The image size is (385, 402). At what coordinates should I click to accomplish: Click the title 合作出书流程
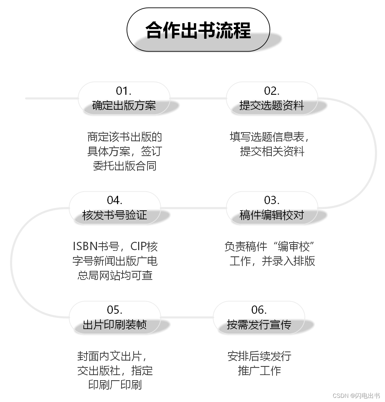(x=198, y=30)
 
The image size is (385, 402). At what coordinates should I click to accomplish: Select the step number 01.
(x=124, y=91)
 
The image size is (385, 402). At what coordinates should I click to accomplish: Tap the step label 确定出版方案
(x=124, y=106)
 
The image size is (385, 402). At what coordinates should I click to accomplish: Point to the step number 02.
(x=272, y=91)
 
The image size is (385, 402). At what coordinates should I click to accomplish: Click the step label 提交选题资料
(x=272, y=106)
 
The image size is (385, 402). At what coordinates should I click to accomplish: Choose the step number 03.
(x=272, y=200)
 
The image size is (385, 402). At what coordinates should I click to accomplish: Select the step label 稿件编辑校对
(x=272, y=215)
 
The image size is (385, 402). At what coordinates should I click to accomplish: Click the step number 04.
(x=115, y=200)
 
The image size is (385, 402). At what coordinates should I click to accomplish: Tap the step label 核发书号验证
(x=115, y=215)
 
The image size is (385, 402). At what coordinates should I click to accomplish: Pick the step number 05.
(x=115, y=310)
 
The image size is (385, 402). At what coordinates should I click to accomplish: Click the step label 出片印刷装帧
(x=115, y=325)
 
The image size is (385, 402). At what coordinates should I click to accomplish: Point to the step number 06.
(x=259, y=310)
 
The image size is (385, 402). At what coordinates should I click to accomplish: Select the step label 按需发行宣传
(x=259, y=325)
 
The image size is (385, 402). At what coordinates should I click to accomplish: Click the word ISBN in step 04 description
(x=85, y=246)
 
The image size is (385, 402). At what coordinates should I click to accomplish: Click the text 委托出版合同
(x=125, y=166)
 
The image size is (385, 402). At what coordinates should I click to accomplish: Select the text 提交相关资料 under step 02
(x=272, y=152)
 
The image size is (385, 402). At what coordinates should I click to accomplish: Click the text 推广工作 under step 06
(x=259, y=371)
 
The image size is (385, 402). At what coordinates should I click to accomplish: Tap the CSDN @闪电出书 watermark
(x=356, y=395)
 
